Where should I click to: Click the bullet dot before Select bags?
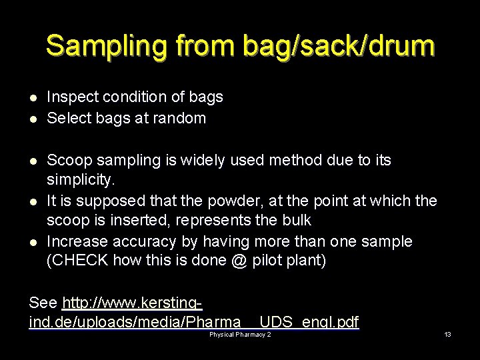pos(33,119)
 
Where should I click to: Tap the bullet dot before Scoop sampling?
pos(33,161)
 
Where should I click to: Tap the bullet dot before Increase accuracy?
pos(33,241)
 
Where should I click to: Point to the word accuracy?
pos(143,241)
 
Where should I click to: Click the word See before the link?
pos(43,304)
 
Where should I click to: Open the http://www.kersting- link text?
pos(132,304)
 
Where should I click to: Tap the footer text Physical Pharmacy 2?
pos(240,334)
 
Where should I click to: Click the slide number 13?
pos(448,334)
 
